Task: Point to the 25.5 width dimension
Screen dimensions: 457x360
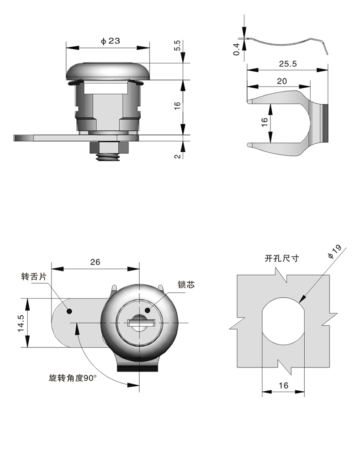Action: click(288, 64)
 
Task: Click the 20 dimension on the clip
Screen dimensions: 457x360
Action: click(282, 81)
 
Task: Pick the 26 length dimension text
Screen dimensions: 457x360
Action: click(95, 262)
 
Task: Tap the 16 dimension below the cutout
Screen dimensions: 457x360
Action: click(283, 385)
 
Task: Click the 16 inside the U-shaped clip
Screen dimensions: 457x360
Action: click(264, 122)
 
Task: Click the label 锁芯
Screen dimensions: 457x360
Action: click(186, 285)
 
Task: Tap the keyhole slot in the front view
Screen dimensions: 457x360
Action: click(142, 323)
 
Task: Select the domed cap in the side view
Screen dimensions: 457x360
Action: click(108, 71)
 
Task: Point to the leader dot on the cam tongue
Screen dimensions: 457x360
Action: click(70, 311)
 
